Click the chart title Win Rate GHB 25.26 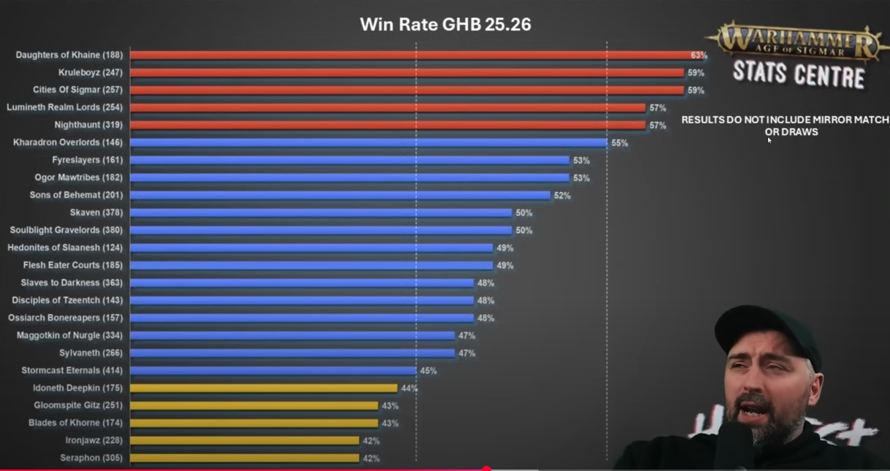pyautogui.click(x=445, y=25)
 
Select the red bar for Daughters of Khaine pyautogui.click(x=409, y=55)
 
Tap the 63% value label pyautogui.click(x=699, y=55)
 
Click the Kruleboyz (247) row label pyautogui.click(x=91, y=72)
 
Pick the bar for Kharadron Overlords pyautogui.click(x=369, y=142)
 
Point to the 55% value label pyautogui.click(x=619, y=143)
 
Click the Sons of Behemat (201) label pyautogui.click(x=76, y=195)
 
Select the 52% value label pyautogui.click(x=562, y=196)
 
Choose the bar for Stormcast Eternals pyautogui.click(x=273, y=370)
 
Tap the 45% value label pyautogui.click(x=428, y=371)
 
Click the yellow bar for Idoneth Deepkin pyautogui.click(x=264, y=388)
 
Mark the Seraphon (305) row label pyautogui.click(x=91, y=458)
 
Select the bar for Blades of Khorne pyautogui.click(x=254, y=423)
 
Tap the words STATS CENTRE pyautogui.click(x=798, y=74)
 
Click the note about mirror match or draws pyautogui.click(x=785, y=126)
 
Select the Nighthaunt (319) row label pyautogui.click(x=88, y=125)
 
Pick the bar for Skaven pyautogui.click(x=321, y=212)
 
